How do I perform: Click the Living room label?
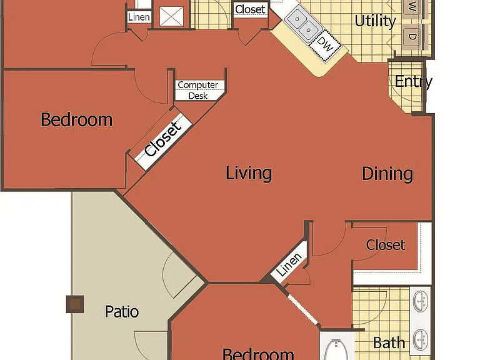tap(249, 173)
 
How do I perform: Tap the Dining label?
tap(387, 174)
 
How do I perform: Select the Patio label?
tap(122, 312)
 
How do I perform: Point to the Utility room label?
tap(375, 21)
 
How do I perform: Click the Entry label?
tap(413, 82)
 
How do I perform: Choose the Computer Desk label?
tap(198, 90)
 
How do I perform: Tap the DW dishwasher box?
tap(325, 45)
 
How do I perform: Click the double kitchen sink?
tap(302, 24)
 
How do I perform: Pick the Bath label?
tap(389, 342)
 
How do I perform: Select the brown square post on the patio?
tap(75, 304)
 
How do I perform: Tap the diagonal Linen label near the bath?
tap(289, 264)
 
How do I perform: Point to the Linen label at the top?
tap(139, 17)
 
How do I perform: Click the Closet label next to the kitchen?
tap(250, 9)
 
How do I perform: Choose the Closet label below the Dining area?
tap(386, 245)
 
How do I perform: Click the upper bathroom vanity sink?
tap(421, 301)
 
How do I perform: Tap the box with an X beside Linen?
tap(172, 16)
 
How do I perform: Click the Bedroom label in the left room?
tap(76, 120)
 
